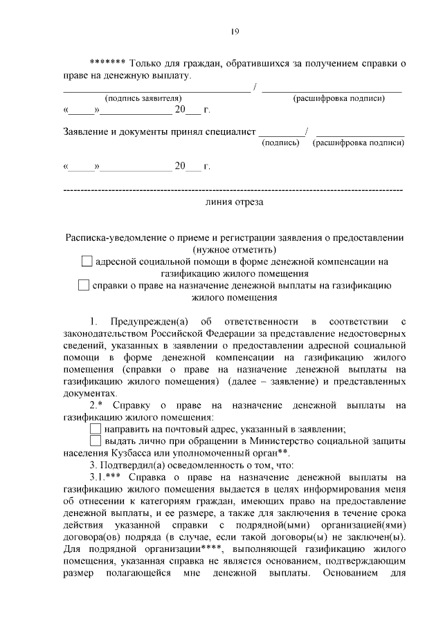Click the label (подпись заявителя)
(143, 98)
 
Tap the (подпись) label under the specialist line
(280, 143)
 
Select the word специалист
(233, 132)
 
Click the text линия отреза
(234, 203)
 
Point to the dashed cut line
(233, 189)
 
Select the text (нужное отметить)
(234, 249)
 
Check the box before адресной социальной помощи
(86, 261)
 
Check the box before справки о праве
(84, 285)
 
